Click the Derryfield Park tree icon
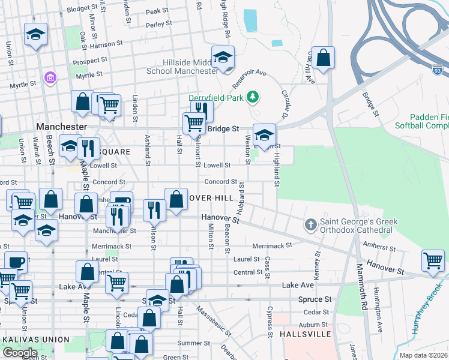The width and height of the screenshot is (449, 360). coord(253,97)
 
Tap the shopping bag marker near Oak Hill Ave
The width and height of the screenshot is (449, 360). coord(323,58)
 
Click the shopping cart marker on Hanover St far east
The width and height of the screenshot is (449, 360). coord(433,260)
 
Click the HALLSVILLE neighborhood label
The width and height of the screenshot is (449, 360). coord(305,333)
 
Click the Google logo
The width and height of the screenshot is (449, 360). coord(20,353)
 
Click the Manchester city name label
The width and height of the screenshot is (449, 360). coord(62,127)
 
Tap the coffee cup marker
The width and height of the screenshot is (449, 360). coord(16,262)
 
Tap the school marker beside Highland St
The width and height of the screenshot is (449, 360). coord(264,134)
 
